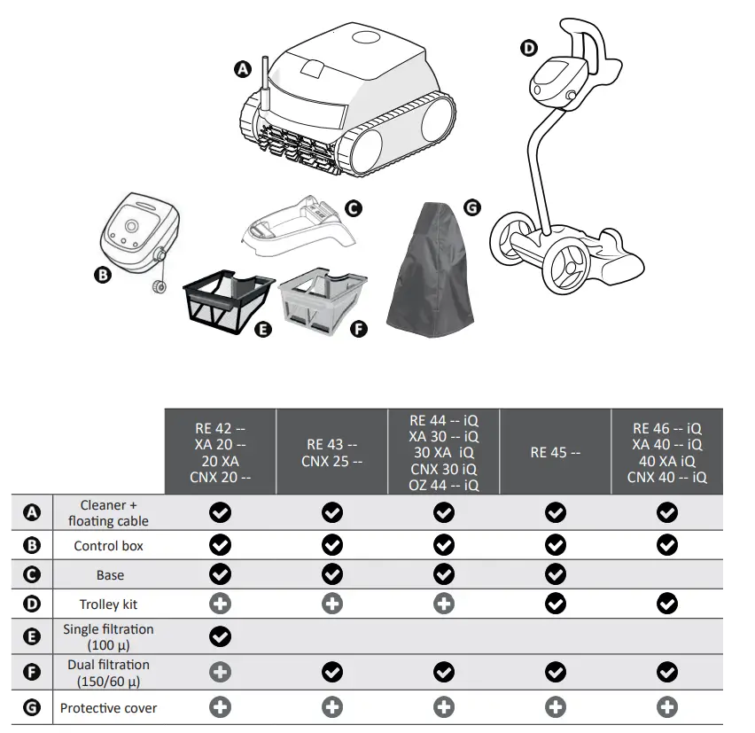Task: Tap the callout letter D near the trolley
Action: [x=529, y=48]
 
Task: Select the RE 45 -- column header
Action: [x=555, y=452]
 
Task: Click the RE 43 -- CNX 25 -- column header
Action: [x=331, y=452]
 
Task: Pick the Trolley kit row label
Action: [x=110, y=604]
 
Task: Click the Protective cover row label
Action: [x=110, y=707]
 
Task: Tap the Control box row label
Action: [x=110, y=545]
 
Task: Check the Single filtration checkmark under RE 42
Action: [x=220, y=636]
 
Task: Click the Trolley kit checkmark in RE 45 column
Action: [x=555, y=604]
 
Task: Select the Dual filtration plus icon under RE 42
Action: [x=220, y=672]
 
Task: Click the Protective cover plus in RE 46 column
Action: [x=667, y=707]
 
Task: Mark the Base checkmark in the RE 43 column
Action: [x=331, y=574]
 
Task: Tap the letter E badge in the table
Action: [x=33, y=636]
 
